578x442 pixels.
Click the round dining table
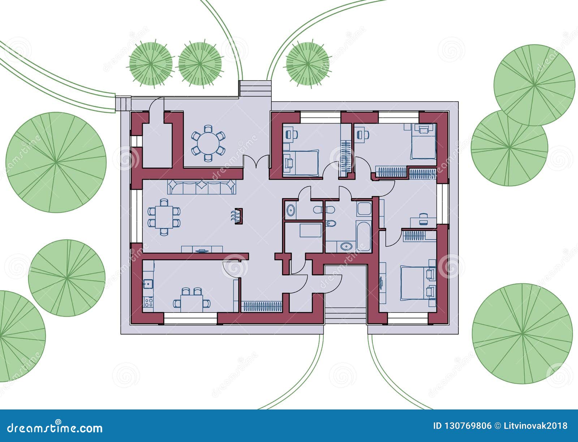208,143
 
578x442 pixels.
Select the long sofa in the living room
202,187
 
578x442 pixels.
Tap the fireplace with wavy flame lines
237,216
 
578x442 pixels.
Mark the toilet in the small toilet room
317,210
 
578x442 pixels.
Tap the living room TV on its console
201,250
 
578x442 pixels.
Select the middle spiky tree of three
200,64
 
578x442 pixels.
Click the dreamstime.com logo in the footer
55,428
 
